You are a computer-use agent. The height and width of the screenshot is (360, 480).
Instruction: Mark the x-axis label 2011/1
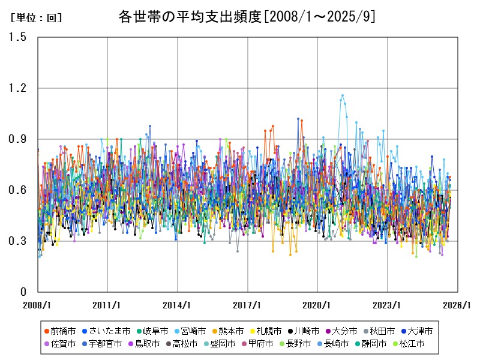(107, 305)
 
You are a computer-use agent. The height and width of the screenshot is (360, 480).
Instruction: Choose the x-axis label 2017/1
(247, 305)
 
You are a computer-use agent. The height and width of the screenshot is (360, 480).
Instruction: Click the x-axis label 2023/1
(388, 305)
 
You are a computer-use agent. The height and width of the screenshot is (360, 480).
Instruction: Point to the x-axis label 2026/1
(458, 305)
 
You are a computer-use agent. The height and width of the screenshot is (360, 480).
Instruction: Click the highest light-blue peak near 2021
(343, 95)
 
